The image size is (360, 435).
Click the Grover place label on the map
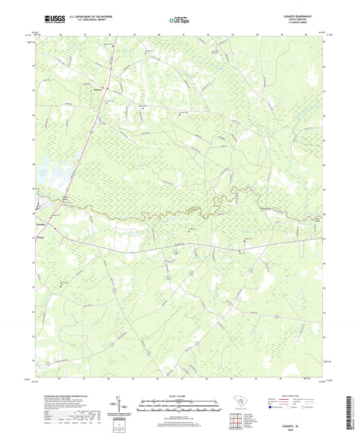pyautogui.click(x=99, y=88)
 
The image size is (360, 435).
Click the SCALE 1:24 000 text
pyautogui.click(x=179, y=395)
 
